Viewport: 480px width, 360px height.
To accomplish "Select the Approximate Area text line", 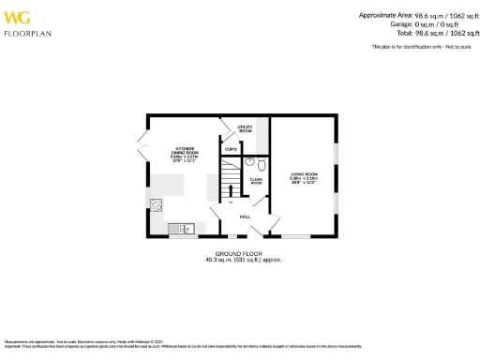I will click(413, 15).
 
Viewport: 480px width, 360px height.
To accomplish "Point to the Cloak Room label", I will click(255, 182).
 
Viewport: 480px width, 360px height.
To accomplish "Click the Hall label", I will click(245, 217).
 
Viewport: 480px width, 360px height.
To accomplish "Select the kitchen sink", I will click(185, 227).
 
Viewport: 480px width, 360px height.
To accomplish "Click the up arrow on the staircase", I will click(229, 201).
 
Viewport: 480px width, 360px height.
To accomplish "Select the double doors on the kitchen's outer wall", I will click(142, 148).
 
